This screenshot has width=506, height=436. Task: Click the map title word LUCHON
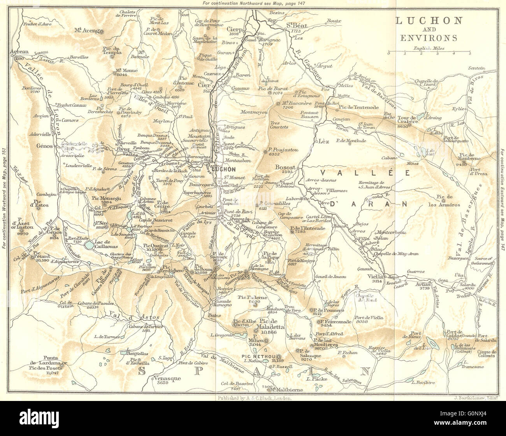click(429, 21)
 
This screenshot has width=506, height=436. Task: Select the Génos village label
click(44, 147)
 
